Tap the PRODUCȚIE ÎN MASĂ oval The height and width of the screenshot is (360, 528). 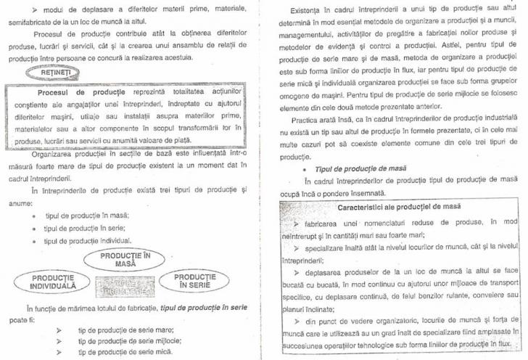(125, 260)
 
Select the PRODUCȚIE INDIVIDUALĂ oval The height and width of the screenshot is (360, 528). (53, 282)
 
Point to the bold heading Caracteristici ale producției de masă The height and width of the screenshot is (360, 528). (400, 208)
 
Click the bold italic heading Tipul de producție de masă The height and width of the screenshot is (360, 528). (360, 168)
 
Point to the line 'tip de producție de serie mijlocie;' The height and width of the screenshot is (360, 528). (130, 340)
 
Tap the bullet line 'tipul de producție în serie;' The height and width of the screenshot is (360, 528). (86, 227)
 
